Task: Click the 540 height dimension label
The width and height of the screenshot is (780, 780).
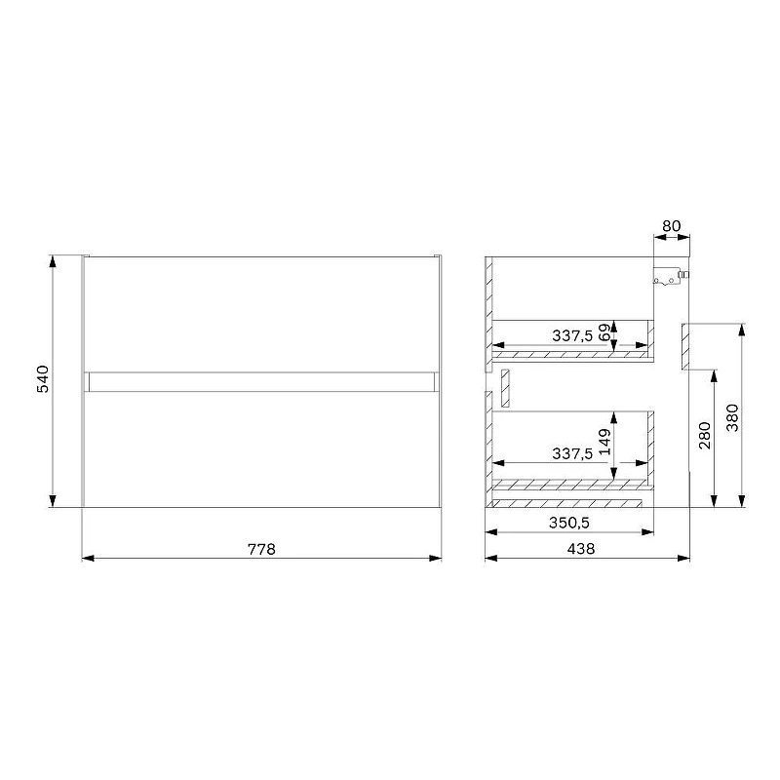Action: (43, 379)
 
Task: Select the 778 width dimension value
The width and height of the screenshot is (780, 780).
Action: (261, 549)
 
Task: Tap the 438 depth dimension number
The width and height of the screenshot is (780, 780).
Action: (580, 549)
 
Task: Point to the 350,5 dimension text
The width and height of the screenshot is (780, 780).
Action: (569, 523)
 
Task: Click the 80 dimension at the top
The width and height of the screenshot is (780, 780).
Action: (671, 226)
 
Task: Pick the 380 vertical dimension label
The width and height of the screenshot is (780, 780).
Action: (732, 417)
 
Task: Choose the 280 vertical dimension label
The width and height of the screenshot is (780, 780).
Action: (705, 435)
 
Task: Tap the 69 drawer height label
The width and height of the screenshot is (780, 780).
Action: (604, 332)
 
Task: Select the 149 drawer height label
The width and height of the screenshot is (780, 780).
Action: (604, 442)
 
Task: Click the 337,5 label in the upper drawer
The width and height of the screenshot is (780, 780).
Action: (572, 335)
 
